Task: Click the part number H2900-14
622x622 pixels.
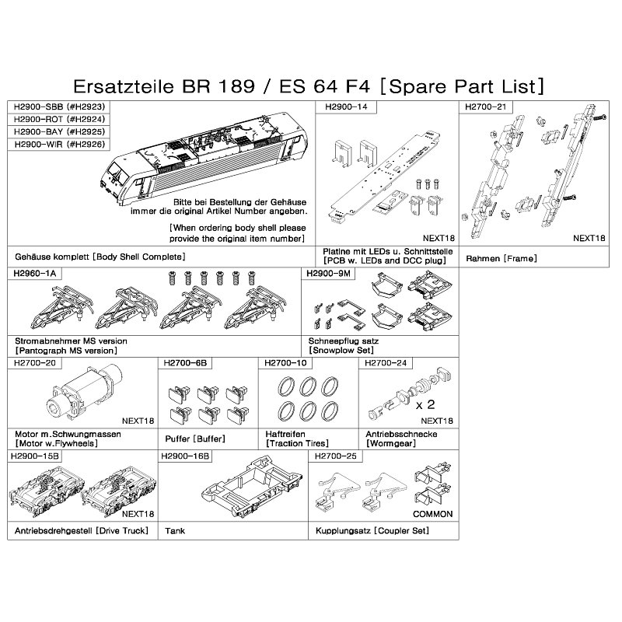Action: (x=346, y=107)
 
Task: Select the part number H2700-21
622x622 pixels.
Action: (x=485, y=107)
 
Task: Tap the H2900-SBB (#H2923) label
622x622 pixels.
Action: (x=59, y=107)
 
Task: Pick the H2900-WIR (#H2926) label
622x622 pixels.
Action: (x=60, y=144)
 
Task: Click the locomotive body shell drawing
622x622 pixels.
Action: (x=204, y=157)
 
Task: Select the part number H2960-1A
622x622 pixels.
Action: (x=35, y=274)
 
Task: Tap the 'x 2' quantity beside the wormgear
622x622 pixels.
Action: (x=425, y=404)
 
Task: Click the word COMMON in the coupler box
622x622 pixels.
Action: (x=433, y=514)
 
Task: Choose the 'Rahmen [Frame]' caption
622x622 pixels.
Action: (x=501, y=259)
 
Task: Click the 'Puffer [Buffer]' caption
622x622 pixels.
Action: (x=195, y=439)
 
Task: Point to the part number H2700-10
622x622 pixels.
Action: (x=285, y=363)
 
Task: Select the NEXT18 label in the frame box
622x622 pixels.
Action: (x=589, y=238)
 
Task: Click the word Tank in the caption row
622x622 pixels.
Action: (x=175, y=531)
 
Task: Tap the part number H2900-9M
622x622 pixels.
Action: (x=328, y=274)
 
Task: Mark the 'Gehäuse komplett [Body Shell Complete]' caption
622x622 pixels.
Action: (x=100, y=257)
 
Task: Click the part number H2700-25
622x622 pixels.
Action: (x=336, y=456)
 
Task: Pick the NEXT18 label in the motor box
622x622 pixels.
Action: (x=138, y=421)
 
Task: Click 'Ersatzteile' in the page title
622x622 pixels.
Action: (x=124, y=86)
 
